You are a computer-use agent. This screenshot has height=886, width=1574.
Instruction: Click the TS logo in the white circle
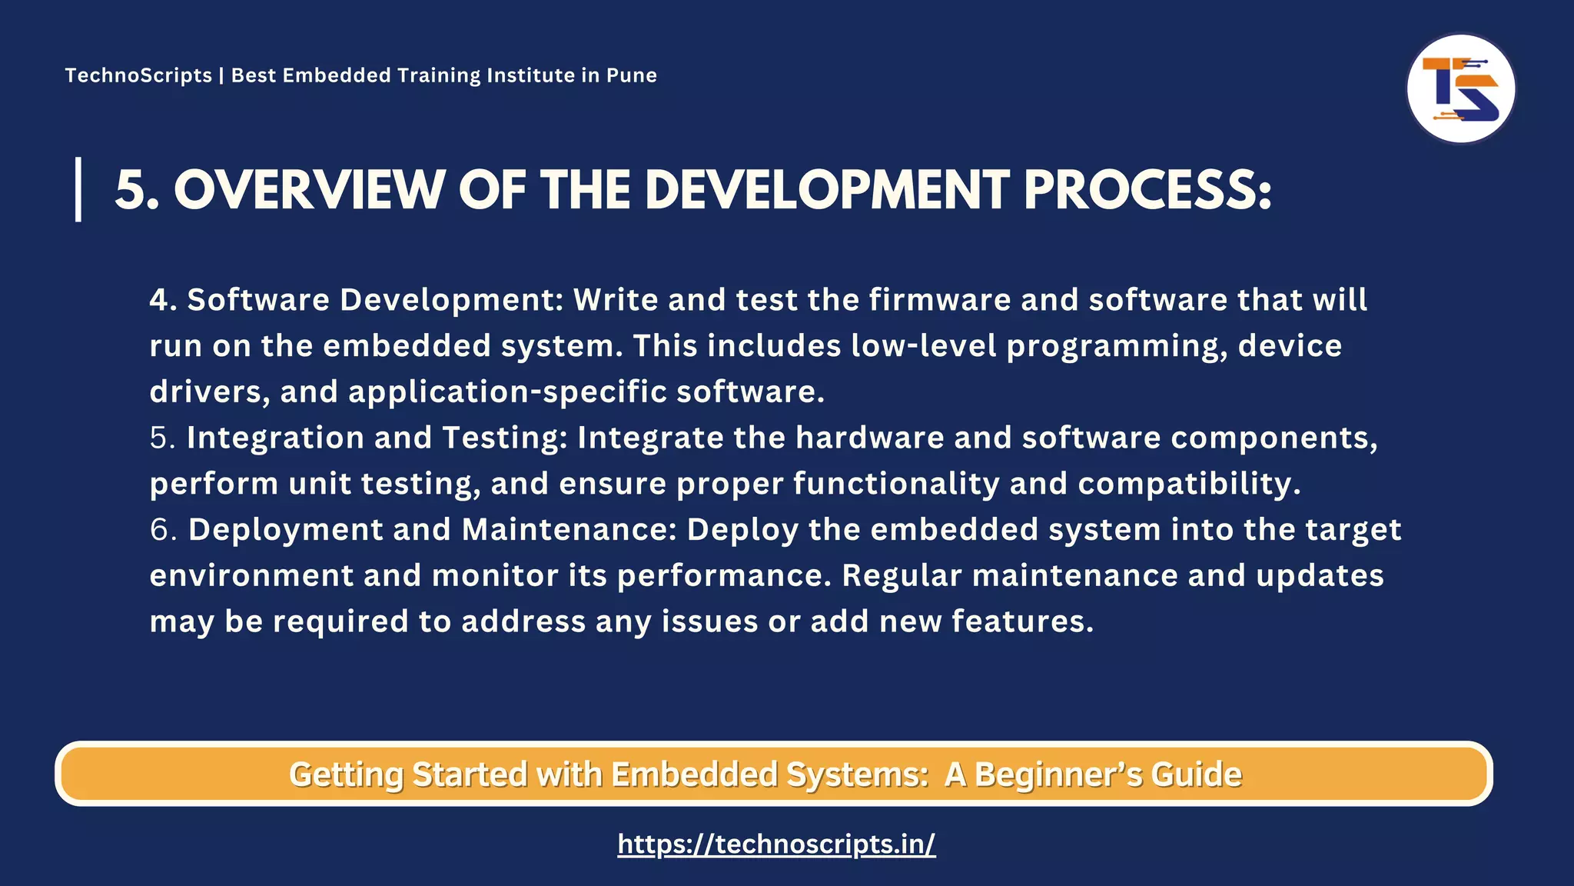click(1460, 88)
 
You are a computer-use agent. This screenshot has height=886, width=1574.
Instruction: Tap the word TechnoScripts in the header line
click(138, 75)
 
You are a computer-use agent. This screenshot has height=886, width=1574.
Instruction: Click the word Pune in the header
click(632, 75)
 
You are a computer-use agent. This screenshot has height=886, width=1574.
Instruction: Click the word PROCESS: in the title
click(1147, 189)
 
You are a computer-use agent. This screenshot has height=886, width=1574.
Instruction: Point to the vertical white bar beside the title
click(78, 189)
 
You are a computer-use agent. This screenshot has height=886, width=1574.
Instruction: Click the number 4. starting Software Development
click(163, 300)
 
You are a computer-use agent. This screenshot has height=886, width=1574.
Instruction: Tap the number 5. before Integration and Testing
click(163, 438)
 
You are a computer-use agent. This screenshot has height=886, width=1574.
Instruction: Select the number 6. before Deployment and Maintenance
click(163, 530)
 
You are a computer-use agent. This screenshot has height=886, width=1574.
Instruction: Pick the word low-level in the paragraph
click(923, 346)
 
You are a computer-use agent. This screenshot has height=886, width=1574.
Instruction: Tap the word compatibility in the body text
click(1188, 484)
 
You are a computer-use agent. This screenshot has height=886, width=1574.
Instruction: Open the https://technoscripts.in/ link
click(776, 844)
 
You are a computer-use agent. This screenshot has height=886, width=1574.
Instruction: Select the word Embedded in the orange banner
click(694, 774)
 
